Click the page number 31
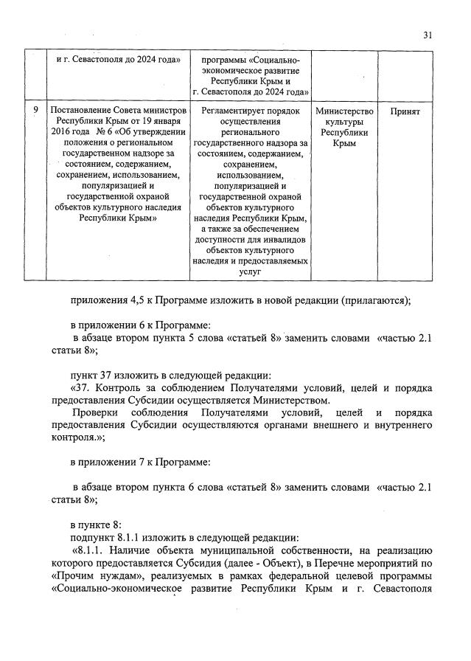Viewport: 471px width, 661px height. [x=429, y=33]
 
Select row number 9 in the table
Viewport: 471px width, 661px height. [x=35, y=110]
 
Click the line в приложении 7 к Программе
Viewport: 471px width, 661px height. [x=140, y=462]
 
